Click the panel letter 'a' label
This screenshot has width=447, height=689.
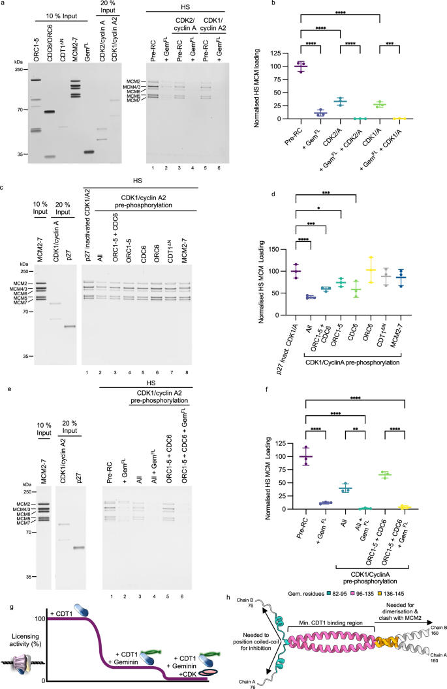[5, 5]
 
